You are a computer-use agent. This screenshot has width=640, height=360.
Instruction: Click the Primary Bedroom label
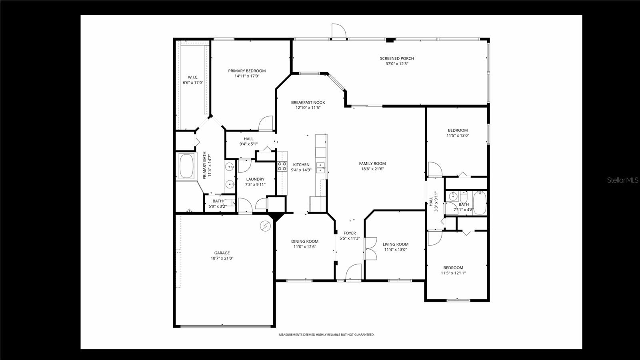[x=247, y=71]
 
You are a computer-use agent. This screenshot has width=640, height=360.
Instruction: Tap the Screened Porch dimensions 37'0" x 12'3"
[x=397, y=64]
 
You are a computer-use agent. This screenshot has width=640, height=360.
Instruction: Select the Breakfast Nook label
[x=308, y=102]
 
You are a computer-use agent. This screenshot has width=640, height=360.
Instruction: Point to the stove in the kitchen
[x=282, y=166]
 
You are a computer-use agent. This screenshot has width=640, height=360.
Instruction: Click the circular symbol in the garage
[x=264, y=226]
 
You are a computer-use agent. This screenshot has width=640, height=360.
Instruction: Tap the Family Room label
[x=372, y=163]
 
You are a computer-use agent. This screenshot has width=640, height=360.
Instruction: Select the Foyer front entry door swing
[x=354, y=272]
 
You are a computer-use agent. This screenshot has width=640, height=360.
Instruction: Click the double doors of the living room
[x=370, y=249]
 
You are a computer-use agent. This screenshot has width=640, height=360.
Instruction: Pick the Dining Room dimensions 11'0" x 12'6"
[x=305, y=247]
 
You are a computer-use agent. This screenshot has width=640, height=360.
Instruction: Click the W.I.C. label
[x=193, y=77]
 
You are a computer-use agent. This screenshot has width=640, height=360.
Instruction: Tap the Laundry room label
[x=255, y=179]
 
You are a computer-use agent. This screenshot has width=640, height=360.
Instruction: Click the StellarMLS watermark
[x=623, y=180]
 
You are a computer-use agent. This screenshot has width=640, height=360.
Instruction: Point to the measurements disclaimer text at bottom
[x=326, y=334]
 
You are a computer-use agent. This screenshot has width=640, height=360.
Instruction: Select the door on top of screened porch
[x=338, y=31]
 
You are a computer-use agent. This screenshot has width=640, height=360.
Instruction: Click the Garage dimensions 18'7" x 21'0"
[x=222, y=258]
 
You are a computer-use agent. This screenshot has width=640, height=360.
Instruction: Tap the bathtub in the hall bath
[x=480, y=203]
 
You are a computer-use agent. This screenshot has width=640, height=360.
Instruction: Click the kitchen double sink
[x=320, y=168]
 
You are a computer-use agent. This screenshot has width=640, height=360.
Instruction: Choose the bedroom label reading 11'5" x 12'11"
[x=453, y=273]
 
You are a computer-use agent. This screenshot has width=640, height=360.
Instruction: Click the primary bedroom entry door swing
[x=266, y=124]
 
